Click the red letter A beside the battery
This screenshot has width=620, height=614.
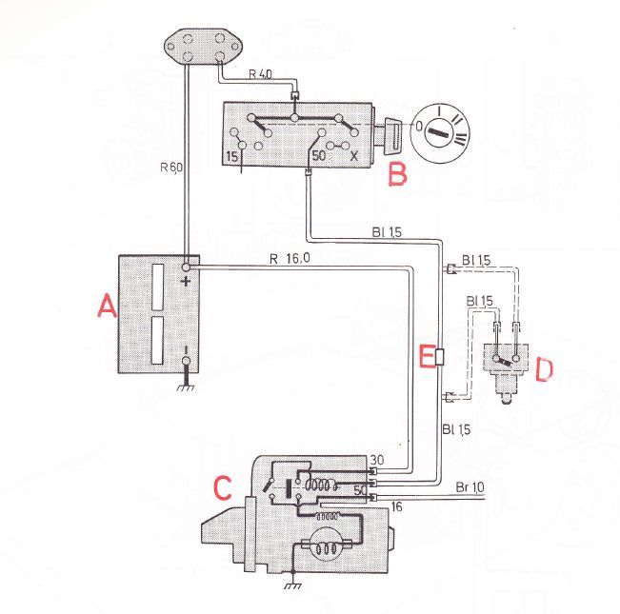click(x=108, y=307)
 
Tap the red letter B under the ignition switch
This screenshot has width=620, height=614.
click(x=397, y=174)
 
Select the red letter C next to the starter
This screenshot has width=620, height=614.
click(x=222, y=487)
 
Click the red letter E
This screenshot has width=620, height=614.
click(x=427, y=356)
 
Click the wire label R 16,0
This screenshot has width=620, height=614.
click(x=290, y=259)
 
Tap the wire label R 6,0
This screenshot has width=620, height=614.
click(x=171, y=168)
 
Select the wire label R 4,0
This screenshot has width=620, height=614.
click(x=261, y=74)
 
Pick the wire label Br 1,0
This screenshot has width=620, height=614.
click(x=470, y=487)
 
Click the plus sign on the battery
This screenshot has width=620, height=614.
click(x=185, y=282)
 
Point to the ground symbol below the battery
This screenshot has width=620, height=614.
click(x=186, y=387)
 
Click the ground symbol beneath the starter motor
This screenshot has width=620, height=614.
click(x=293, y=585)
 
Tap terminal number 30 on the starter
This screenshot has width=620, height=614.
click(x=377, y=460)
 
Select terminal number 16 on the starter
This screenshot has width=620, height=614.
click(x=396, y=506)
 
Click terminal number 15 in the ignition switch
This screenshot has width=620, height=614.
click(x=232, y=157)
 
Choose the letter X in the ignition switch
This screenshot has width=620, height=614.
click(x=353, y=156)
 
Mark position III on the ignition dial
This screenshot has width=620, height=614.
click(x=461, y=139)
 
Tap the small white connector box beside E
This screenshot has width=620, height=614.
click(x=440, y=357)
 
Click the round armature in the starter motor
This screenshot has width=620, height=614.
click(x=327, y=545)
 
